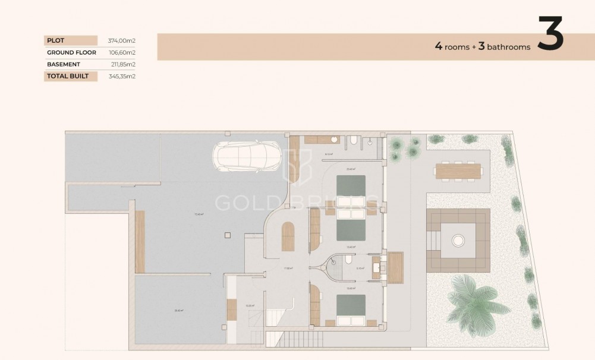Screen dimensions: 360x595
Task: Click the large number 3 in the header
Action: [550, 34]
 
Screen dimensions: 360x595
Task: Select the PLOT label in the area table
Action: [56, 40]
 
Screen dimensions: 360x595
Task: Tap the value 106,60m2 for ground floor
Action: [121, 52]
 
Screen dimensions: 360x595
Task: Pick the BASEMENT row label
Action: [64, 64]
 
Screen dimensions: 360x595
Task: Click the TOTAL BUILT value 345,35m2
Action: [121, 76]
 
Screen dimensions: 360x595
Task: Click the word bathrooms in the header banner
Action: [508, 48]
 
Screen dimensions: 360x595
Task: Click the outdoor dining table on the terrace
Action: [458, 170]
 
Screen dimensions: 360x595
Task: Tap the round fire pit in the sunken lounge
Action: [458, 240]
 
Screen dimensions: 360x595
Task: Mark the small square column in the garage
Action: [227, 235]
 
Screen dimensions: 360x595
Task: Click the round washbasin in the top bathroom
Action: [335, 140]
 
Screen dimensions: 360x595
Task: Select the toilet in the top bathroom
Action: [354, 140]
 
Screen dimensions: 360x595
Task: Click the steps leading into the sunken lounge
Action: [433, 240]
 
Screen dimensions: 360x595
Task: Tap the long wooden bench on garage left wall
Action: [140, 242]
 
